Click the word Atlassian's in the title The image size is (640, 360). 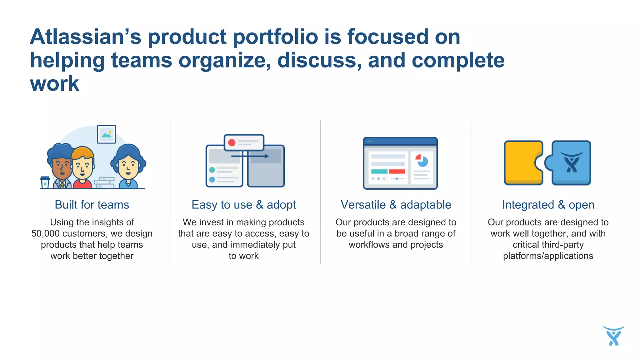click(85, 37)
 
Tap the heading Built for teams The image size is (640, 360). click(92, 205)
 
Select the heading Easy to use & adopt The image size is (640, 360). click(243, 205)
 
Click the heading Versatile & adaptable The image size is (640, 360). click(396, 205)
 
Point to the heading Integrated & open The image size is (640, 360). click(548, 205)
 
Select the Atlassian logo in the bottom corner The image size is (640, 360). click(613, 336)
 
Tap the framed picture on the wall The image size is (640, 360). click(106, 134)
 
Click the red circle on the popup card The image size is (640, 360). click(232, 143)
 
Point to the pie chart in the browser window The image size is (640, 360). click(422, 161)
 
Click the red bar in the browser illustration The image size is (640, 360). click(397, 171)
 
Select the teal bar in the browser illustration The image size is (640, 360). click(379, 171)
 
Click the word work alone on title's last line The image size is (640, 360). click(55, 84)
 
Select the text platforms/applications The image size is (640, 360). click(548, 256)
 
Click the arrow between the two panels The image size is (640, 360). click(250, 156)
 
